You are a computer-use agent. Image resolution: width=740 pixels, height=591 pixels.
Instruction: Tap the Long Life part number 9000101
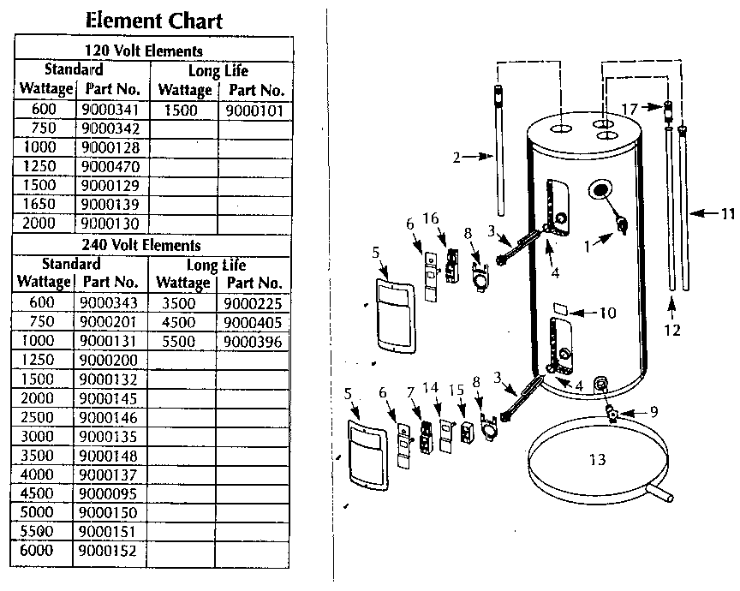pos(254,110)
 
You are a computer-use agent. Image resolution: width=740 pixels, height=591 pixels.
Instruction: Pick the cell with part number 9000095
pos(108,493)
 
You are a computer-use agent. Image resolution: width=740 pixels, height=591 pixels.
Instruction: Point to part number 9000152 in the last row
pos(108,552)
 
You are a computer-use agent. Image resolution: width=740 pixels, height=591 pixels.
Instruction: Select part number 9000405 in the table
pos(252,322)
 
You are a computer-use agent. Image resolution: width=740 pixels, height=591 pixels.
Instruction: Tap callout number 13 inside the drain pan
pos(597,460)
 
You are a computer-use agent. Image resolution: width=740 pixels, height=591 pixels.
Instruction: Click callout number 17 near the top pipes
pos(629,109)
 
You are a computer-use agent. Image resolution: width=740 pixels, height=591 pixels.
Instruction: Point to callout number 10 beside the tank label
pos(606,313)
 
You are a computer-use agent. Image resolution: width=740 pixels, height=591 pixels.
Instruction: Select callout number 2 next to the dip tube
pos(457,157)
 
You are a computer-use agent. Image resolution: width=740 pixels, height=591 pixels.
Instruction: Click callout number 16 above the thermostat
pos(431,219)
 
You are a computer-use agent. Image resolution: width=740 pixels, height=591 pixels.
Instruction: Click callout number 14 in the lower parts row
pos(430,387)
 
